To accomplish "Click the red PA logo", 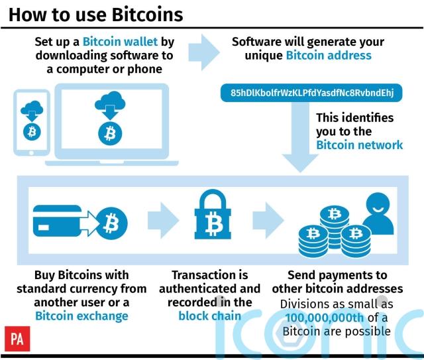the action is coord(17,339).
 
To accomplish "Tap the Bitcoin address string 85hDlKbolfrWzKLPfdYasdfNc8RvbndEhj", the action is coord(312,93).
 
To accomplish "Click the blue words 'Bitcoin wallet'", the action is coord(120,42).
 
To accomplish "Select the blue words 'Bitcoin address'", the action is coord(329,56).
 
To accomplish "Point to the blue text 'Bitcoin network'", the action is coord(359,145).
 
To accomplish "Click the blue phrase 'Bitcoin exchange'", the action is coord(81,316).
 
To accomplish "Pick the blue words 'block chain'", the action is coord(210,316).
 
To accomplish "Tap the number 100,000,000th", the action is coord(325,318).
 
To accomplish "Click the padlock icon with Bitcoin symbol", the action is coord(213,214).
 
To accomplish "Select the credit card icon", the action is coord(57,221).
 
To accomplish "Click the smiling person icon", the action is coord(378,214).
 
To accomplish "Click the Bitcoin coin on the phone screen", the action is coord(32,132).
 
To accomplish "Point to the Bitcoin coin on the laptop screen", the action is coord(110,134).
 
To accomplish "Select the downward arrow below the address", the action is coord(300,137).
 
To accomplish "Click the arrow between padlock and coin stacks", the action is coord(268,220).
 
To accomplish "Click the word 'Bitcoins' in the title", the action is coord(147,15).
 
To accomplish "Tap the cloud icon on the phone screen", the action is coord(32,107).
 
